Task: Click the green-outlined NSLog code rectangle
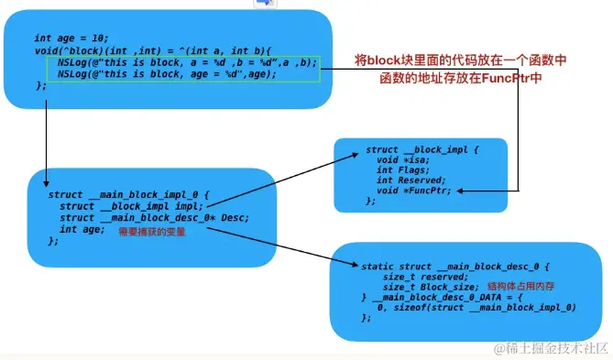point(183,68)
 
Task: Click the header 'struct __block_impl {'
point(422,149)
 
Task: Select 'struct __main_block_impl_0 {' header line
point(129,195)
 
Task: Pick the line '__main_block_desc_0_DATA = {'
point(431,298)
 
